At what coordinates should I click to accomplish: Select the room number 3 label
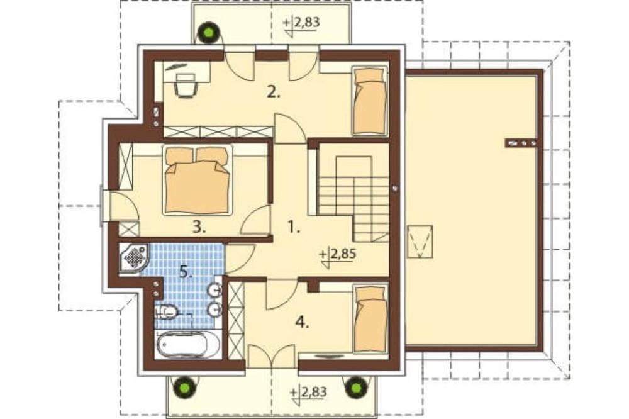pyautogui.click(x=199, y=227)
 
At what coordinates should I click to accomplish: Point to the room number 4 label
pyautogui.click(x=303, y=322)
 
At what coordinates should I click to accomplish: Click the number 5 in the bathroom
pyautogui.click(x=186, y=273)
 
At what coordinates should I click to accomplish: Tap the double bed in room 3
pyautogui.click(x=198, y=179)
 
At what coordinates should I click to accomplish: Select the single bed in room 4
pyautogui.click(x=370, y=319)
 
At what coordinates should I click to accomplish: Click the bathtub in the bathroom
pyautogui.click(x=187, y=344)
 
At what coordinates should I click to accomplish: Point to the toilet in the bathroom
pyautogui.click(x=167, y=311)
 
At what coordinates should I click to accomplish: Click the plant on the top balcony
pyautogui.click(x=209, y=33)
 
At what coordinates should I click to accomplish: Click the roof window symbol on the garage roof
pyautogui.click(x=420, y=242)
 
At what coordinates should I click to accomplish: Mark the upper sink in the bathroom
pyautogui.click(x=215, y=289)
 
